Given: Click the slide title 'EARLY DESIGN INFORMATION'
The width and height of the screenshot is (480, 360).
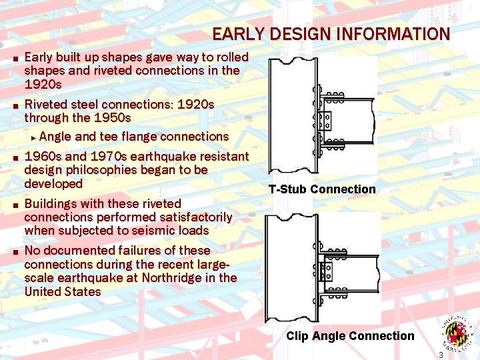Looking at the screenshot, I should click(x=331, y=35).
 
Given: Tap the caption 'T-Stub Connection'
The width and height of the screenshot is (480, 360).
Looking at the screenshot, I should click(x=322, y=189).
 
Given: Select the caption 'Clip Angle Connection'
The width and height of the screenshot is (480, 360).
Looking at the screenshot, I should click(x=350, y=336).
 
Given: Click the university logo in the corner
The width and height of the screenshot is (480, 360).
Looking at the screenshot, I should click(x=457, y=331).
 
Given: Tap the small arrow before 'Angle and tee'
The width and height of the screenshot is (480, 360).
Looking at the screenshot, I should click(x=33, y=137).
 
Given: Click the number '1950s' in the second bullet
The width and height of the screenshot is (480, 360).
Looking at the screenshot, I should click(x=113, y=118).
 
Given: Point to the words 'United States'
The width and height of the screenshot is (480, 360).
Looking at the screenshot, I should click(x=63, y=292).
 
